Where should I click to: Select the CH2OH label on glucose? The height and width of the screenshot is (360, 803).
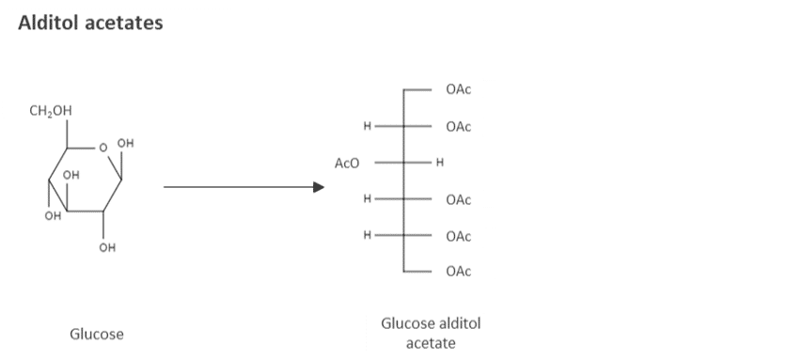click(50, 112)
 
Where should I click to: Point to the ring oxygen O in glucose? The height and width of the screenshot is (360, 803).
click(102, 147)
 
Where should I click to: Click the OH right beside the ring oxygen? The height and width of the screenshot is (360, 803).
click(126, 143)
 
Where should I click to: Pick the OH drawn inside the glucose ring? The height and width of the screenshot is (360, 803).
click(71, 175)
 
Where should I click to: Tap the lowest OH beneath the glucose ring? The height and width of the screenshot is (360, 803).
click(107, 248)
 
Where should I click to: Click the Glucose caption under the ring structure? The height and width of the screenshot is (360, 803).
click(97, 333)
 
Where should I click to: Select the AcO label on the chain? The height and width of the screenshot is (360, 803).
click(347, 164)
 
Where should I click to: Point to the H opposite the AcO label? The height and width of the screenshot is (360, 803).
click(439, 164)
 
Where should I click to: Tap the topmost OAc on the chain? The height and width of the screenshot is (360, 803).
click(459, 90)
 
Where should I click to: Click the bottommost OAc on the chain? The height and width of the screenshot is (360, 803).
click(459, 272)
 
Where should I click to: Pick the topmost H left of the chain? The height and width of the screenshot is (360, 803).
click(368, 127)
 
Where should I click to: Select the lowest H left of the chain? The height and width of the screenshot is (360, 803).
click(368, 235)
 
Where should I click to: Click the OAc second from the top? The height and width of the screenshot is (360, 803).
click(459, 127)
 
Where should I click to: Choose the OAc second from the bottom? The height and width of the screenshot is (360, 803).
click(459, 236)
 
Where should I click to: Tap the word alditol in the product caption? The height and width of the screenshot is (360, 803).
click(460, 323)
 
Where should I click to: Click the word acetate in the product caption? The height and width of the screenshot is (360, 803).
click(431, 342)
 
